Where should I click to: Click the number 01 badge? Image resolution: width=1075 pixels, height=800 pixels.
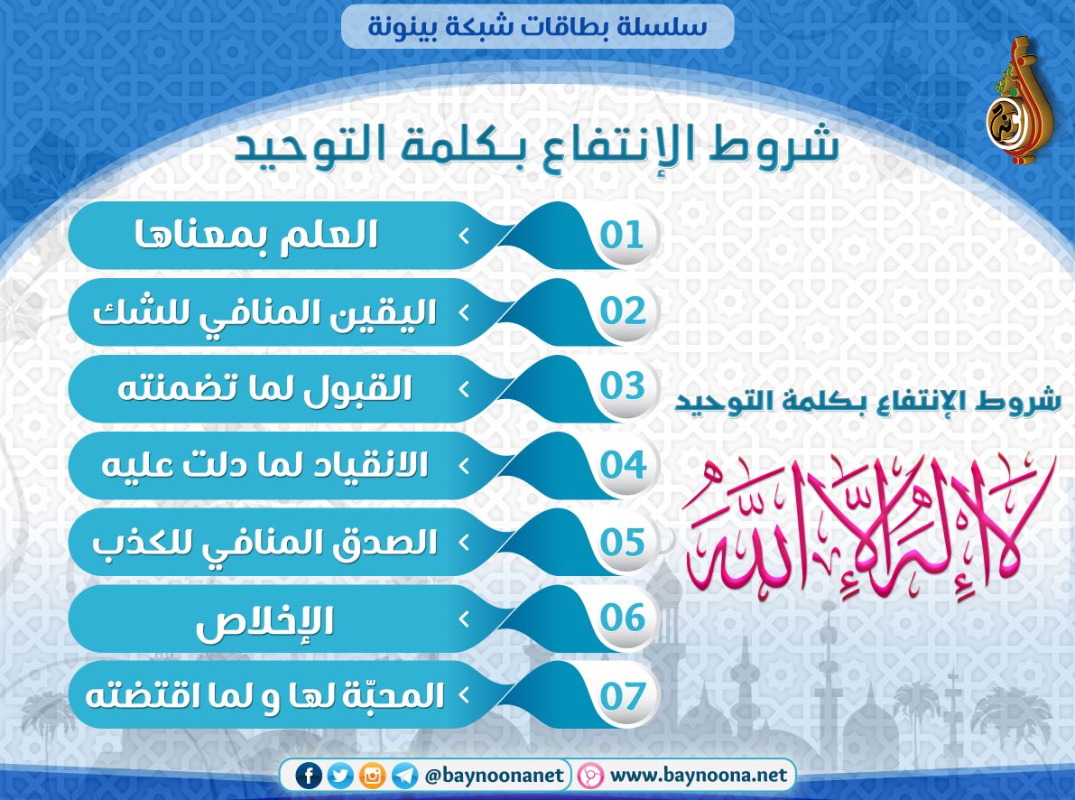pos(623,236)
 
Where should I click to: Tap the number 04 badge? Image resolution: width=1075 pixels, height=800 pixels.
pos(623,465)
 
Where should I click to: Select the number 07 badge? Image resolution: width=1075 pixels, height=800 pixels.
pos(623,695)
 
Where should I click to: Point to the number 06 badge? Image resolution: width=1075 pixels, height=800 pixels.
pos(623,619)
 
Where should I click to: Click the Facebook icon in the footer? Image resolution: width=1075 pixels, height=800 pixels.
pos(309,776)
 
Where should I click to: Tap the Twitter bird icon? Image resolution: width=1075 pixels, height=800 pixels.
pos(340,776)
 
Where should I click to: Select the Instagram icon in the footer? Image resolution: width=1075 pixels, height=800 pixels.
pos(372,776)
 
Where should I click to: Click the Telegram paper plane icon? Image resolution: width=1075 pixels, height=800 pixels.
pos(404,776)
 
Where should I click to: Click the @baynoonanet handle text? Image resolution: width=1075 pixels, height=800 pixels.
pos(495,776)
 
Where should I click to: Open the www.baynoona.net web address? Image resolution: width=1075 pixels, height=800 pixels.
pos(698,776)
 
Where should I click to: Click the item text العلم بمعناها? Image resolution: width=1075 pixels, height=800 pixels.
pos(255,236)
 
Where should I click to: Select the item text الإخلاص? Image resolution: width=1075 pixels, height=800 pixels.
pos(264,621)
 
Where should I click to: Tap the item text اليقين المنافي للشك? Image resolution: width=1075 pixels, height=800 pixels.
pos(264,313)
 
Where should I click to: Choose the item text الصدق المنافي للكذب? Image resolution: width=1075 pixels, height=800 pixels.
pos(264,543)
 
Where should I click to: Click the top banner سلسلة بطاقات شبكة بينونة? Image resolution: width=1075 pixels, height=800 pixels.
pos(538,27)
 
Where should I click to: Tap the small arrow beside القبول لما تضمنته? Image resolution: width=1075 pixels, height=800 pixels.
pos(464,389)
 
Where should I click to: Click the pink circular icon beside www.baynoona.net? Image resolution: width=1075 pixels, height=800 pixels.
pos(589,776)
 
